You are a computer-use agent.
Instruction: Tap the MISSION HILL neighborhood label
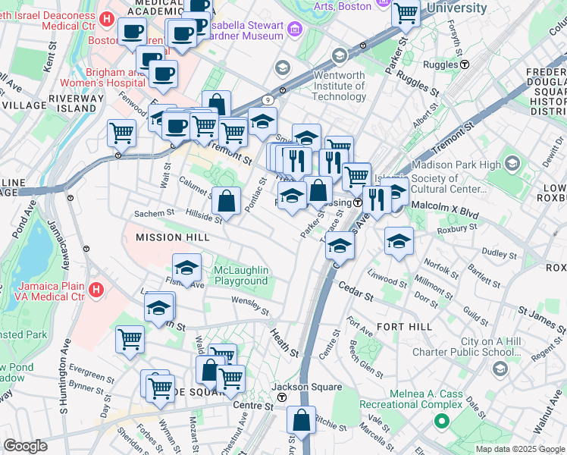pos(161,237)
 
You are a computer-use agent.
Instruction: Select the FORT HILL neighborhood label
pos(405,327)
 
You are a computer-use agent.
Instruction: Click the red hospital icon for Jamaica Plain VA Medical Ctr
pos(96,289)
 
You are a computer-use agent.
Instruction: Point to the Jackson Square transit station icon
pos(282,397)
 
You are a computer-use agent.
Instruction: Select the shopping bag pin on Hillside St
pos(227,201)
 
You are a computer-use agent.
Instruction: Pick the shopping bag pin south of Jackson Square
pos(302,420)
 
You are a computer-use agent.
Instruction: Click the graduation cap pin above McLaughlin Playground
pos(186,267)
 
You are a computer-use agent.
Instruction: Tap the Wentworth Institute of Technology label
pos(329,91)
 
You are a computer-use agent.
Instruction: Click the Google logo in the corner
pos(25,446)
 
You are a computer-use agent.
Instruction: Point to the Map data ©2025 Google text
pos(519,449)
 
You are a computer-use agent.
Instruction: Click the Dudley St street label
pos(498,253)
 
